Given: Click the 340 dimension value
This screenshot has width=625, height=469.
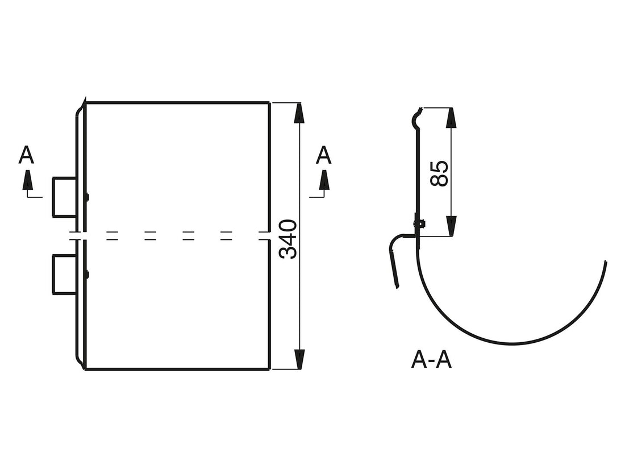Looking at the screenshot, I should pos(288,239).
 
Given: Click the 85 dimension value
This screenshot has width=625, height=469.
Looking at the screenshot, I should pos(439,173).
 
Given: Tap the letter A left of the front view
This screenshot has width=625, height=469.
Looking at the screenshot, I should pos(26,155).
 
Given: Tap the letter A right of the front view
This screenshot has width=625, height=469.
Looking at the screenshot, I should pos(323,155).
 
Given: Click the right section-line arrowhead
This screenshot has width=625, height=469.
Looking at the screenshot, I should pos(324,181).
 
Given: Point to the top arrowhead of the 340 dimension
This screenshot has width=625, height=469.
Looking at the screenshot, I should pos(299,114).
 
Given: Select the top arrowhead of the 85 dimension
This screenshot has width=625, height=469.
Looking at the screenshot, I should pos(451,118).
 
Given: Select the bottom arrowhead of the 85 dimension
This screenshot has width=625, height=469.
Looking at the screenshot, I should pos(451,225).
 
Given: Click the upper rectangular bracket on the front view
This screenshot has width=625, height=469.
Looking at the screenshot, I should pos(64,197).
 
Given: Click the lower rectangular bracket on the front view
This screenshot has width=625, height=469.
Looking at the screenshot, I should pos(64,274).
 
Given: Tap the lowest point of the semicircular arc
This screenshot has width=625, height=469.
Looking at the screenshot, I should pos(511,343).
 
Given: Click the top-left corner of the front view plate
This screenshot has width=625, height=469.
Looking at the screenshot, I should pos(85,103).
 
